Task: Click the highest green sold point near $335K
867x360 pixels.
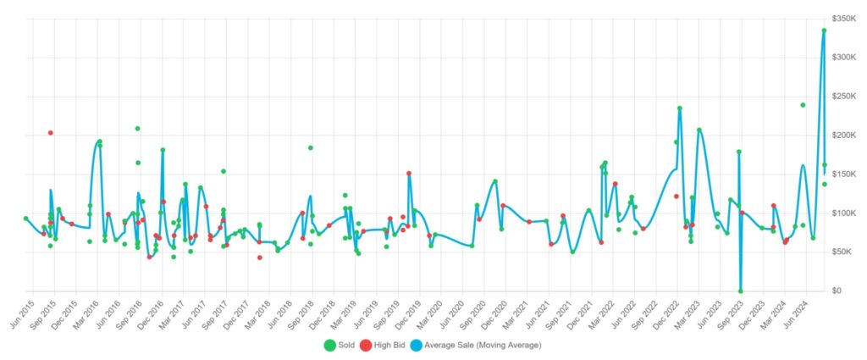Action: (824, 30)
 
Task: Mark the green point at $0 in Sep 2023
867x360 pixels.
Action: (741, 291)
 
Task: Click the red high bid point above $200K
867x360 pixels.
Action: (51, 133)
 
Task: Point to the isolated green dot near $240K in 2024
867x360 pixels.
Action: (803, 105)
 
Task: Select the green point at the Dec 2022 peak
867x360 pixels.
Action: (679, 108)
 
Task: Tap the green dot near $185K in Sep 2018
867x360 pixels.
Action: (311, 147)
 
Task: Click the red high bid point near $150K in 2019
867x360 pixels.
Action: (409, 174)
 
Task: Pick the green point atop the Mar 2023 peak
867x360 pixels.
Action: (699, 130)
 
